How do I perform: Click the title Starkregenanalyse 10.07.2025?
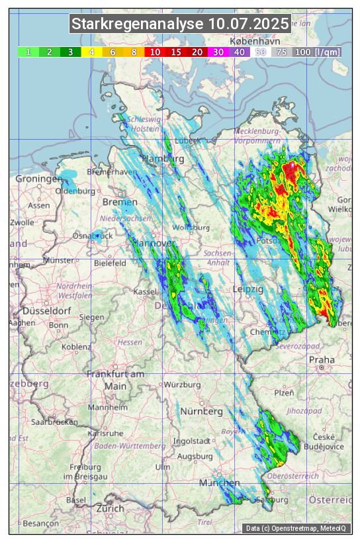pos(180,24)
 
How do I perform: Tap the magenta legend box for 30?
pos(218,52)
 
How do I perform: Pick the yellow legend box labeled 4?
pos(91,52)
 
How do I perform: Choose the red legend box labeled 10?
pos(155,52)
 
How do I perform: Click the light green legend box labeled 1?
pos(28,52)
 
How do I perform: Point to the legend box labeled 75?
pos(281,52)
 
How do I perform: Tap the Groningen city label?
pos(38,179)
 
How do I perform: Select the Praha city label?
pos(322,360)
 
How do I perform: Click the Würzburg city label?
pos(182,385)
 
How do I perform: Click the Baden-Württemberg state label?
pos(130,446)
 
